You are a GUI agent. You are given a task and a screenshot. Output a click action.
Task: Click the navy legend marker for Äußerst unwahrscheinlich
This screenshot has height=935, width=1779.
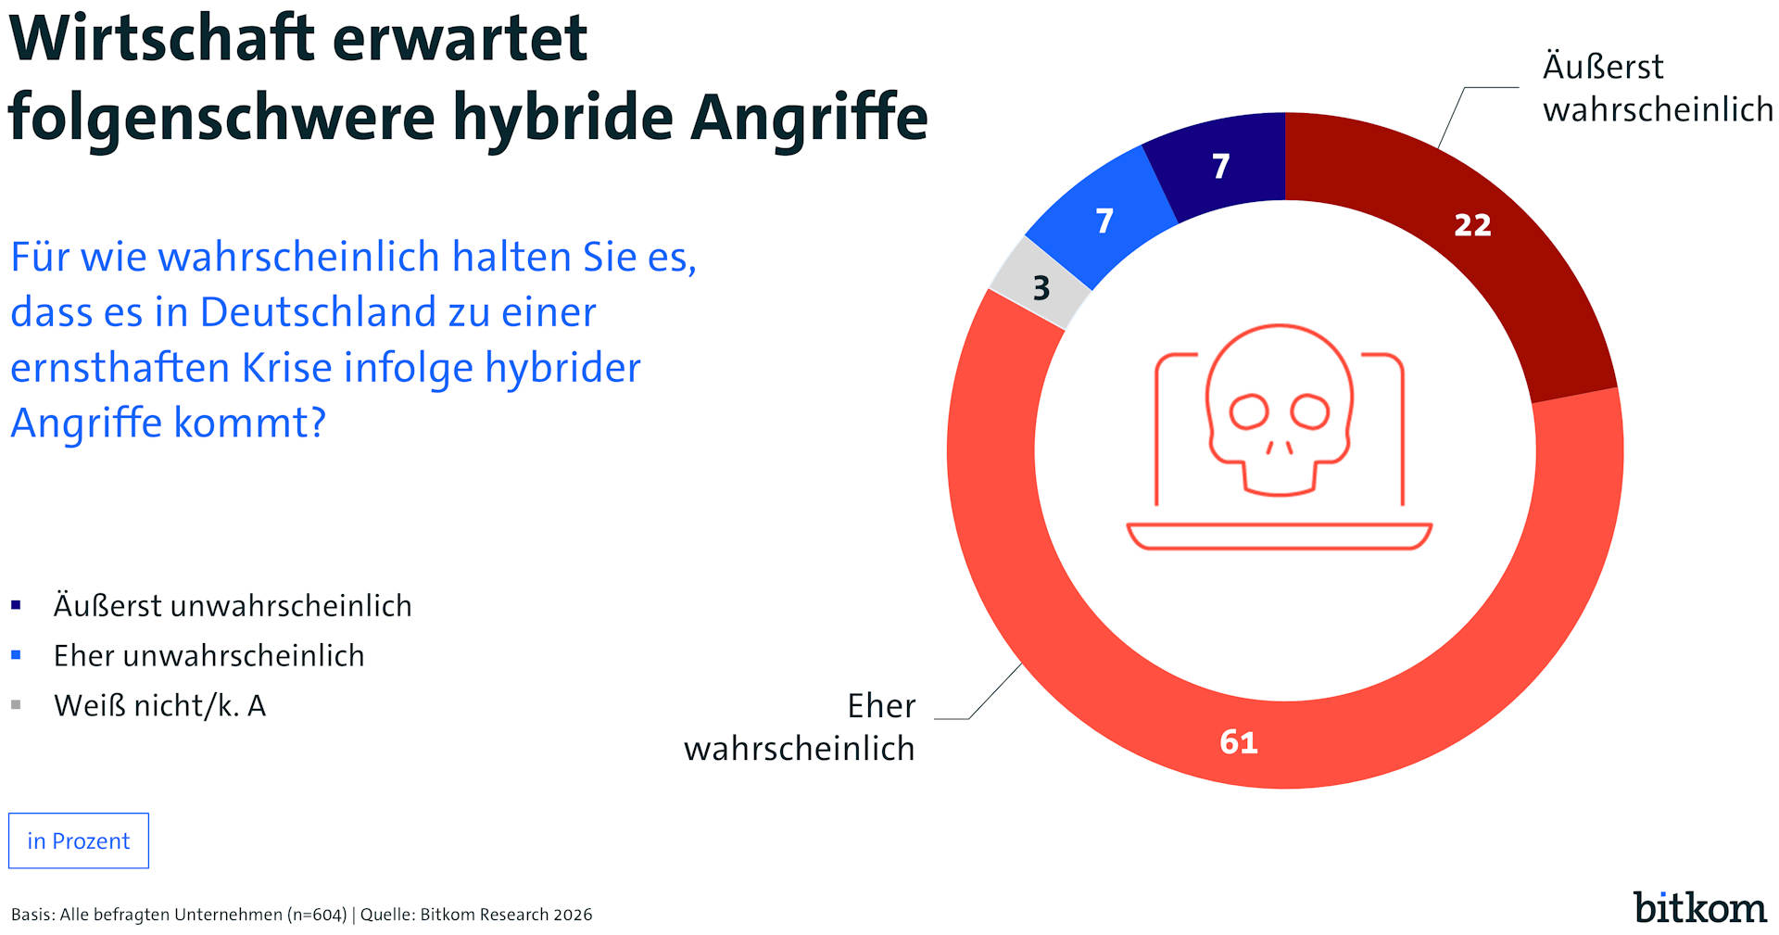click(x=16, y=606)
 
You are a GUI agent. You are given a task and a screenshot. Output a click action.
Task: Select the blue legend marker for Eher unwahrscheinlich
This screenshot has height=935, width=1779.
click(x=16, y=655)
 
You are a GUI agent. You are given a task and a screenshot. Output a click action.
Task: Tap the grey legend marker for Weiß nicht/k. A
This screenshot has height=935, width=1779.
click(x=16, y=705)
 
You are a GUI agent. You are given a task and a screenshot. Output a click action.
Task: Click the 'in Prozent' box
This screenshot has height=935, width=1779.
click(x=79, y=840)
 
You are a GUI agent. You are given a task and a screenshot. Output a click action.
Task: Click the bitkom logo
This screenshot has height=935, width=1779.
click(x=1699, y=907)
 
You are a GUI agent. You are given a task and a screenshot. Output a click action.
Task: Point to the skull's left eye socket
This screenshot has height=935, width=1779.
click(x=1249, y=411)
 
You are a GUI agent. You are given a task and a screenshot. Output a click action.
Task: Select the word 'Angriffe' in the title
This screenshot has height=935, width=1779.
click(x=809, y=118)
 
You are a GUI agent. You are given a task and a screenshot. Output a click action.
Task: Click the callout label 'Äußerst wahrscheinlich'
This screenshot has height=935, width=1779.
click(x=1657, y=88)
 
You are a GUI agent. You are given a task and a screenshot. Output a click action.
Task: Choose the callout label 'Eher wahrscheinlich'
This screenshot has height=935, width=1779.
click(x=800, y=727)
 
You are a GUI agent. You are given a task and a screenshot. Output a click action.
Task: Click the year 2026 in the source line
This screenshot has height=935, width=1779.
click(x=573, y=915)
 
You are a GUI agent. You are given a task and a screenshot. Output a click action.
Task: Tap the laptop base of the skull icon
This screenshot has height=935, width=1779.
click(x=1279, y=536)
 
